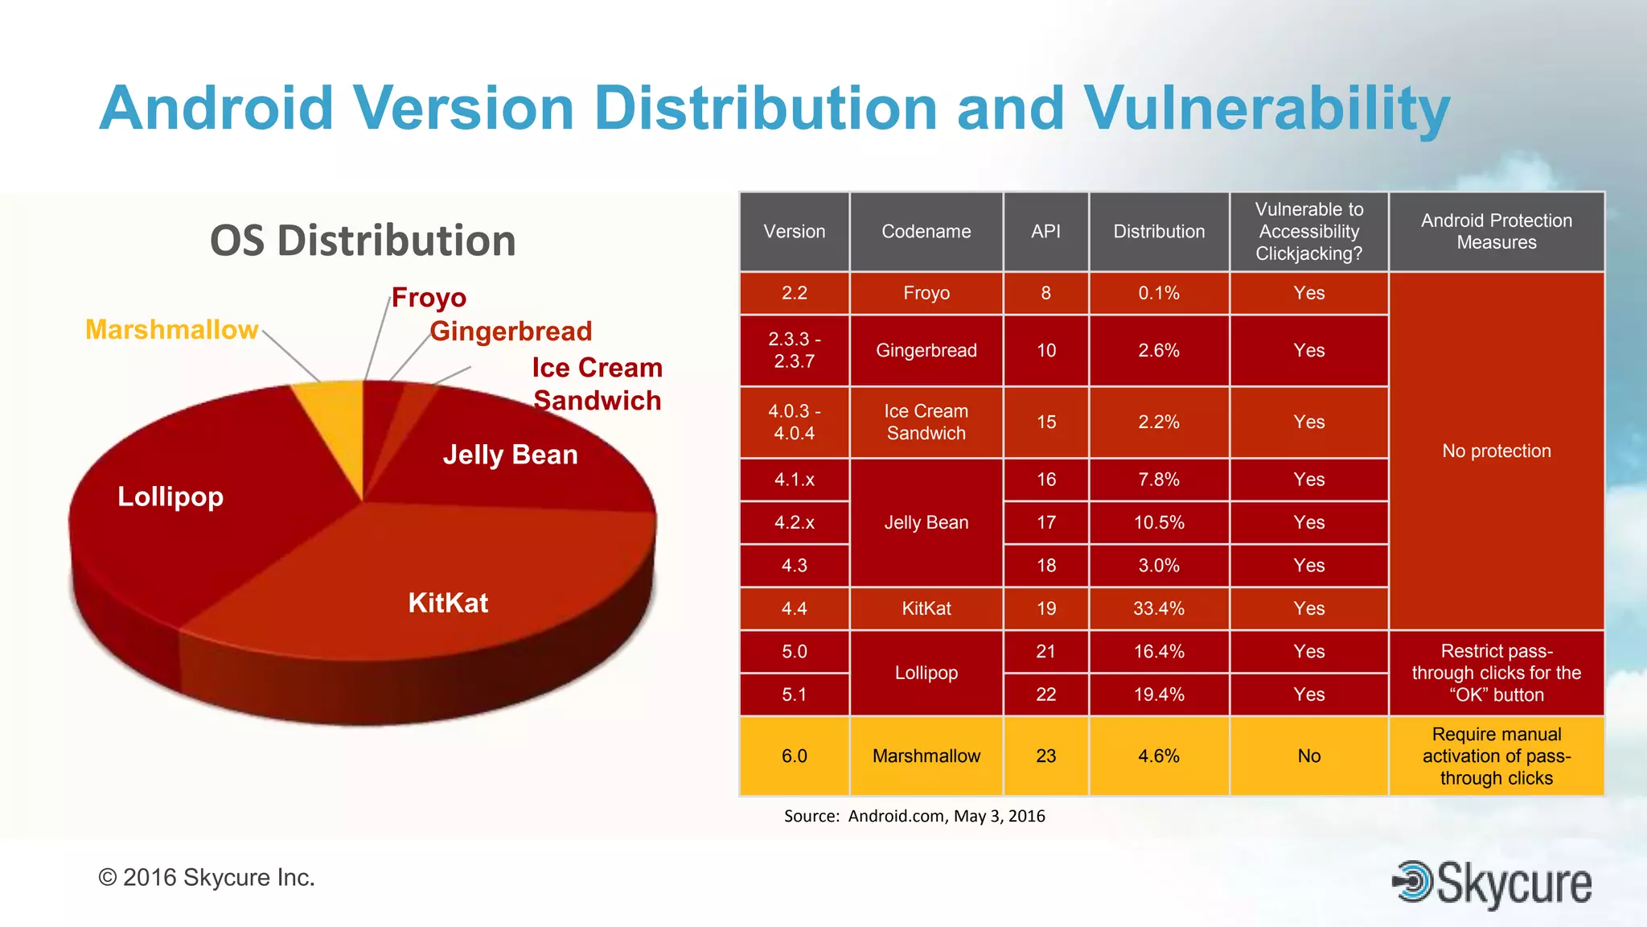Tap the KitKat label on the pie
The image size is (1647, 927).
448,603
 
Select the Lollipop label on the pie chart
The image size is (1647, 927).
170,496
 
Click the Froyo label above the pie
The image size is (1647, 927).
429,298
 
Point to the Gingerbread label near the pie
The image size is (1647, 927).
511,331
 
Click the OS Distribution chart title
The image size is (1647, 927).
363,241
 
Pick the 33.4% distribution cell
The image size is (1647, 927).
1158,608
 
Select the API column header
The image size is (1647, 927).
1045,232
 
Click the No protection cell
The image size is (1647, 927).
1496,451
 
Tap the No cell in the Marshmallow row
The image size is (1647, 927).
1308,756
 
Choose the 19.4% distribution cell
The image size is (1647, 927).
1158,694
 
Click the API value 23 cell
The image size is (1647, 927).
1045,756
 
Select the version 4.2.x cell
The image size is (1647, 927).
794,522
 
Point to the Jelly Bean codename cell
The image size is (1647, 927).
926,522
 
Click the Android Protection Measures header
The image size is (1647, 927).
1496,232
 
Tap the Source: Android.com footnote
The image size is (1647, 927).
914,816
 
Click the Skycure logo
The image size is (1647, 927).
1492,884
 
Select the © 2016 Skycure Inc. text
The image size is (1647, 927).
207,877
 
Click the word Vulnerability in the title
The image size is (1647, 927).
1266,109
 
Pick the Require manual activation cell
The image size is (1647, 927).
1496,756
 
